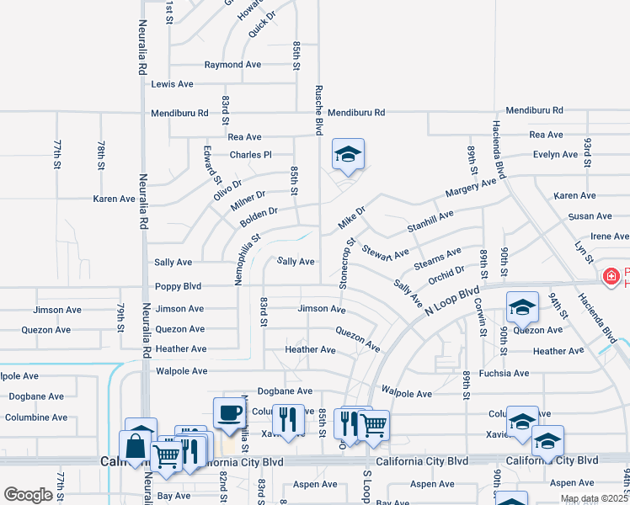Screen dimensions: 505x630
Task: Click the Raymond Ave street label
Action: point(232,65)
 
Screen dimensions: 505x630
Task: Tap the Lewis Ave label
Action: point(172,84)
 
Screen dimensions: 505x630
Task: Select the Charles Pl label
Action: point(251,155)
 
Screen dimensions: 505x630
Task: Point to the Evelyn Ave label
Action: point(554,155)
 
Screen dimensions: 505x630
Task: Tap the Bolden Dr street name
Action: point(259,218)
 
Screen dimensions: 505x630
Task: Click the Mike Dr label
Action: point(351,217)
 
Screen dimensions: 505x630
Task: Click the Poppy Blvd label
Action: point(178,285)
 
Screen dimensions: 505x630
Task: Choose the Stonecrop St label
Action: point(344,264)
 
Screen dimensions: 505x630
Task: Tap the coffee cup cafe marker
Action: point(229,412)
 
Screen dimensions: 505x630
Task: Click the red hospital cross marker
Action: point(611,275)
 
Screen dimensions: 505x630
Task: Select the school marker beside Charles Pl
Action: point(348,154)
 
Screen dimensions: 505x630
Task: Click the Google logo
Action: point(29,495)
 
